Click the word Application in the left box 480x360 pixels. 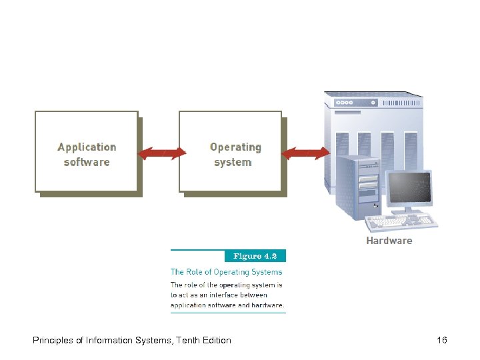coord(87,147)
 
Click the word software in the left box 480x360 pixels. coord(87,162)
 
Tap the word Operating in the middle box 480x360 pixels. coord(235,147)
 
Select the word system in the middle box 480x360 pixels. coord(233,162)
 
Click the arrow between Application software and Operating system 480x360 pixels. coord(161,154)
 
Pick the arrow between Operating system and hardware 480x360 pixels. coord(305,154)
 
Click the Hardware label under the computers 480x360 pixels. coord(389,241)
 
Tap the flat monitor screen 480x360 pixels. coord(409,188)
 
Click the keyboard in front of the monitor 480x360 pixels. coord(413,220)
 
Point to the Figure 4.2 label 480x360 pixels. coord(259,256)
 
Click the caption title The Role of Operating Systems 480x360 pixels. coord(227,272)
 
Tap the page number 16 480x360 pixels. coord(441,341)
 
